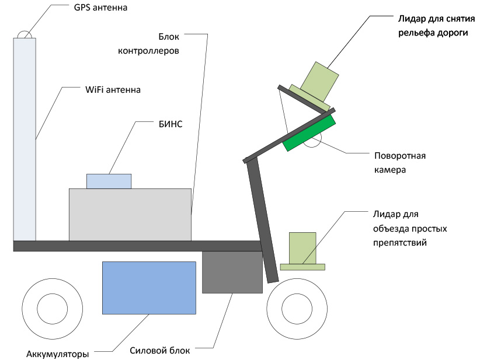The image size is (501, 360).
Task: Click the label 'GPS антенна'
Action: (x=100, y=8)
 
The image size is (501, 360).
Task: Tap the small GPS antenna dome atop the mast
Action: (x=25, y=34)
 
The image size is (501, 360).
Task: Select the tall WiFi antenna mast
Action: (x=25, y=139)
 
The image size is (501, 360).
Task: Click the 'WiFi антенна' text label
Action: (x=113, y=90)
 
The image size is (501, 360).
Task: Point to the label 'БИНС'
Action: (x=171, y=124)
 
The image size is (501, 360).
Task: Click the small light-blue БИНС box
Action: (x=109, y=181)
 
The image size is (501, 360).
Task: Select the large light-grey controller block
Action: (x=130, y=215)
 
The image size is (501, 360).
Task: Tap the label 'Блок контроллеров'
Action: (x=148, y=44)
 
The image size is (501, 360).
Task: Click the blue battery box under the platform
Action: (x=149, y=288)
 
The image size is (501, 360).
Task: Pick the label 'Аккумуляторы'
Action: (x=57, y=354)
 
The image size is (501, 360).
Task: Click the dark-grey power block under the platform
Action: (x=232, y=272)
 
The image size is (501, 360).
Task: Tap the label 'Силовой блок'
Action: (x=160, y=351)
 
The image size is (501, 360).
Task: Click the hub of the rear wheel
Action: (x=53, y=309)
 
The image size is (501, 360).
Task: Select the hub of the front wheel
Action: (x=297, y=309)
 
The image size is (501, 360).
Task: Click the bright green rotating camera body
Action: (x=309, y=133)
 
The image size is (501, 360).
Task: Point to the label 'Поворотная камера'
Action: (x=400, y=163)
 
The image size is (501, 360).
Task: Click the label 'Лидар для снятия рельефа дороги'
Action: (x=436, y=26)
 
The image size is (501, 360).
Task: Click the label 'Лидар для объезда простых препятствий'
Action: (x=410, y=229)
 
